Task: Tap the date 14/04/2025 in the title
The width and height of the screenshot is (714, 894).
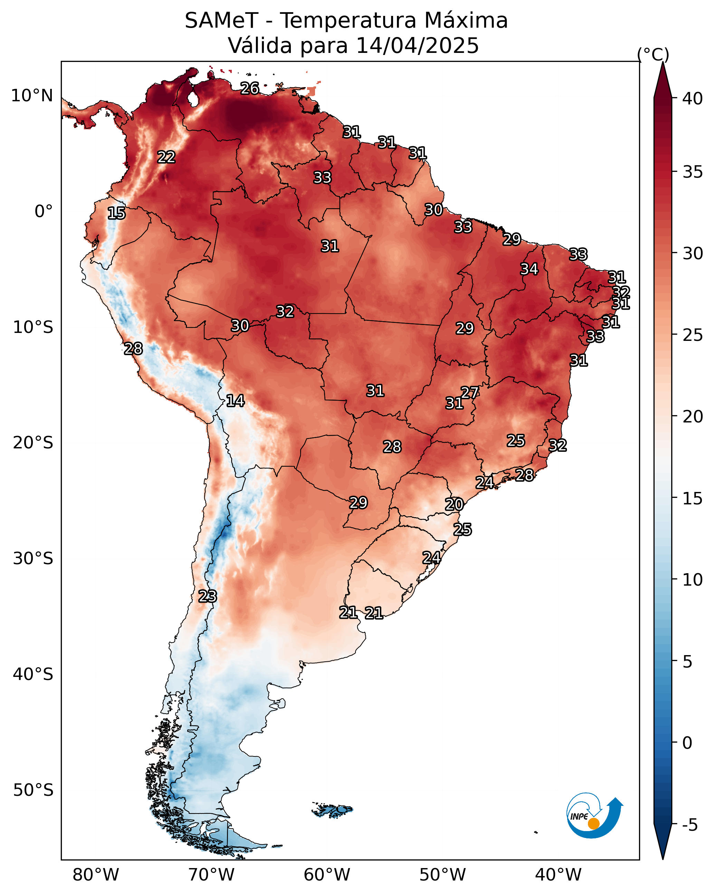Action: [417, 46]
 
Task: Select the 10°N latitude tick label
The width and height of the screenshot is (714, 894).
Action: [32, 96]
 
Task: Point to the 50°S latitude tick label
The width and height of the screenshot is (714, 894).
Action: [33, 790]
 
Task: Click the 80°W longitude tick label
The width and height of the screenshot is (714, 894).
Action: [96, 875]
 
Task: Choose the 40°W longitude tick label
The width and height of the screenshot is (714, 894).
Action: [558, 875]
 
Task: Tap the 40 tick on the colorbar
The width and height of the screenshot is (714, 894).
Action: [693, 99]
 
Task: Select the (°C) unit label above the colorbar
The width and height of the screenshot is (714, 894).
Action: [653, 54]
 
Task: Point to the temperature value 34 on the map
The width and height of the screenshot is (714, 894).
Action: [529, 269]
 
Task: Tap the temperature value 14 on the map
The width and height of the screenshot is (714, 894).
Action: [235, 401]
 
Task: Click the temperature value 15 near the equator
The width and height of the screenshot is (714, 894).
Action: [116, 213]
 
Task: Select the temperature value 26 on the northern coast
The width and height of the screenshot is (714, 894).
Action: [250, 88]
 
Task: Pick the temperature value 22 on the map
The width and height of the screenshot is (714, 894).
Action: [166, 157]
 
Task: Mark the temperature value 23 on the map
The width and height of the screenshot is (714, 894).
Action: [207, 596]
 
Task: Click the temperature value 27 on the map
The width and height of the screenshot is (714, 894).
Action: [469, 392]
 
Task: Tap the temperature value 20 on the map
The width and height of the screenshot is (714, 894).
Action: [454, 504]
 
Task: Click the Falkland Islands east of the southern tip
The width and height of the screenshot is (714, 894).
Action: [333, 810]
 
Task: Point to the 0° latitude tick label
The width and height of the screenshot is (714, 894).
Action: [44, 212]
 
